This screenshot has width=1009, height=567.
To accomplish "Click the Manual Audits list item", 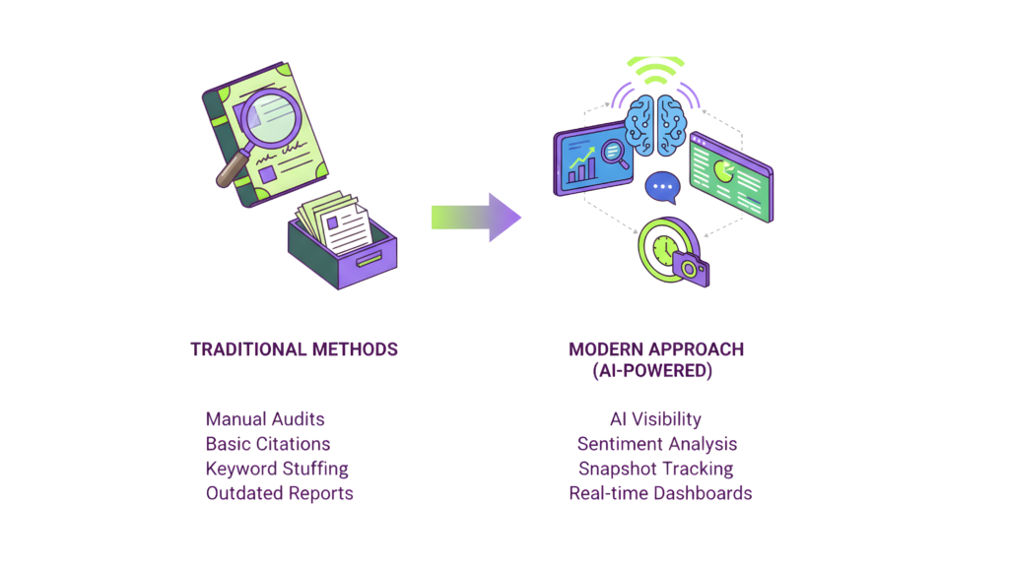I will coord(265,418).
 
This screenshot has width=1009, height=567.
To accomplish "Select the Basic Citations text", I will coord(268,443).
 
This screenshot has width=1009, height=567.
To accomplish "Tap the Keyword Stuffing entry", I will coord(277,469).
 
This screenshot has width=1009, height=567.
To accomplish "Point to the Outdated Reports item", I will coord(279,493).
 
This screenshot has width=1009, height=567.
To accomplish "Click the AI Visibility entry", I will coord(655,418).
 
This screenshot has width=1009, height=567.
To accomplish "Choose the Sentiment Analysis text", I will coord(657,444).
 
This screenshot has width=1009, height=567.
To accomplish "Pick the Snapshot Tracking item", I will coord(655,469).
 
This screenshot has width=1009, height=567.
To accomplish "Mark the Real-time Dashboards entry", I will coord(660,493).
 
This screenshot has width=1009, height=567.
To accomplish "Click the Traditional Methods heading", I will coord(294,349).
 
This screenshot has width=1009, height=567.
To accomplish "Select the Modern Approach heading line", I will coord(656,349).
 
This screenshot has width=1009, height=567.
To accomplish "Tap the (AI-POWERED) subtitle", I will coord(652,371).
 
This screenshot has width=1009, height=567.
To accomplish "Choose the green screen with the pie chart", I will coord(730,174).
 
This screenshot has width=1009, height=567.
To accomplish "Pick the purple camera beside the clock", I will coord(691,268).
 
